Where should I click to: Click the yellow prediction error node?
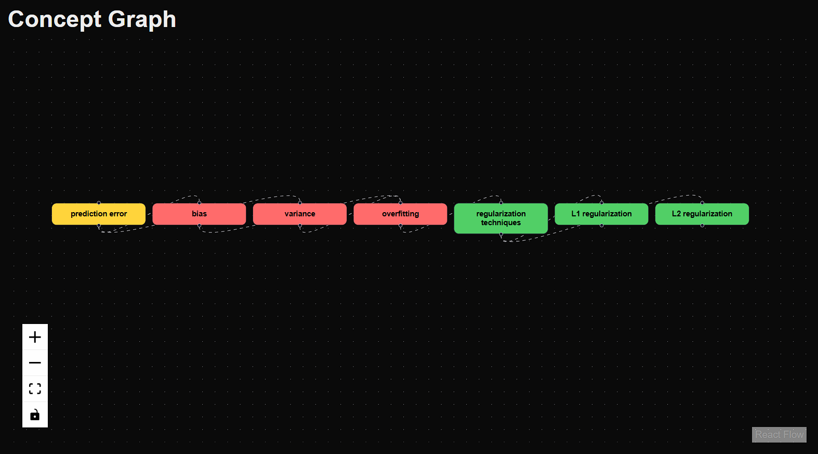click(x=99, y=214)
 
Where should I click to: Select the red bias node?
click(x=199, y=214)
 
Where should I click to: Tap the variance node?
click(x=300, y=214)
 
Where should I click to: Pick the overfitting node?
click(x=400, y=214)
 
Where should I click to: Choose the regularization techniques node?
click(x=501, y=218)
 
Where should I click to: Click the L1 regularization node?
click(x=601, y=214)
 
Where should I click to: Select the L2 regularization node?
click(x=702, y=214)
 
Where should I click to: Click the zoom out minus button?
click(x=35, y=362)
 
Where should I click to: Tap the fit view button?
click(x=35, y=388)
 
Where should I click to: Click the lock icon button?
click(x=35, y=414)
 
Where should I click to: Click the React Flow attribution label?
click(x=779, y=434)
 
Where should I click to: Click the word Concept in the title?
click(x=55, y=19)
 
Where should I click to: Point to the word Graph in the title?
click(x=142, y=20)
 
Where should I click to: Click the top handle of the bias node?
click(x=200, y=203)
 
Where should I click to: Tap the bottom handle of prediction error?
click(x=99, y=226)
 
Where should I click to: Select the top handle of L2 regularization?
click(x=702, y=203)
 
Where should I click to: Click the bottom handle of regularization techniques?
click(x=501, y=235)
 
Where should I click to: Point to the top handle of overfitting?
click(x=401, y=203)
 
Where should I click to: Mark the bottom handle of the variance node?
click(x=300, y=226)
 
